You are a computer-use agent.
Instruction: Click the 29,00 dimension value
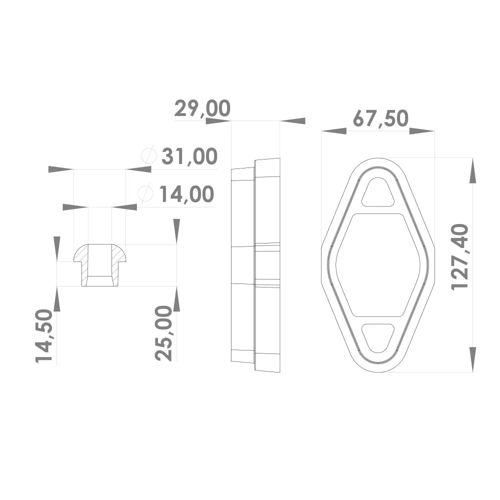tap(202, 108)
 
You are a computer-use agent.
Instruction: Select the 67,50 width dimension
tap(380, 118)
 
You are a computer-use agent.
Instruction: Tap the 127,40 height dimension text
tap(460, 256)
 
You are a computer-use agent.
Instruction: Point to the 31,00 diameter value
tap(189, 156)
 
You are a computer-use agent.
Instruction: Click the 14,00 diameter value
tap(186, 194)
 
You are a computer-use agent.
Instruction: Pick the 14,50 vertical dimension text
tap(44, 335)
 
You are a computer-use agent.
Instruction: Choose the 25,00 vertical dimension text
tap(164, 333)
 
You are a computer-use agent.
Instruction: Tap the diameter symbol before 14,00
tap(145, 193)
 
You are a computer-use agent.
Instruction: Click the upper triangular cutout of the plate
tap(378, 193)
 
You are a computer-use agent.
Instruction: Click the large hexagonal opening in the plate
tap(378, 265)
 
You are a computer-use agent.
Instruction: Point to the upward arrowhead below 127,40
tap(472, 358)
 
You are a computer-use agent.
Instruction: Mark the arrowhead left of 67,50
tap(333, 131)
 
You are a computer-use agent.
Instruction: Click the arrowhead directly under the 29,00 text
tap(218, 120)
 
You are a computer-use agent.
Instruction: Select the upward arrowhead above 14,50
tap(56, 300)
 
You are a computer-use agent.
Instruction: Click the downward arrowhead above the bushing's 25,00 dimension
tap(176, 230)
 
